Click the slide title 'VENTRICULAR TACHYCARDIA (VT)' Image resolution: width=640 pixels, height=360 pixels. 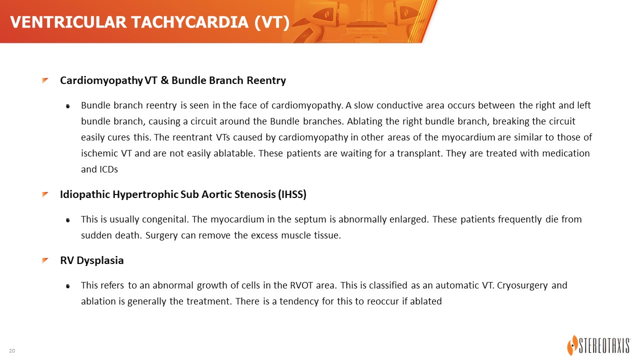click(149, 22)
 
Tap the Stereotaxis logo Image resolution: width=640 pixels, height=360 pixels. click(599, 345)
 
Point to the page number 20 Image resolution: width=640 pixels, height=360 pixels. click(12, 350)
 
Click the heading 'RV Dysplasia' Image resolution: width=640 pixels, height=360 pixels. click(91, 260)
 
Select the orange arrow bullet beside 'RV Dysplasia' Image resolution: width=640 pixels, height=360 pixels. click(45, 260)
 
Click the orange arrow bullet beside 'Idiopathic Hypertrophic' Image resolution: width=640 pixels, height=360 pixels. click(45, 194)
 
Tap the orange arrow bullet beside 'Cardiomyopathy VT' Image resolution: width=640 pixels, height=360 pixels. click(45, 80)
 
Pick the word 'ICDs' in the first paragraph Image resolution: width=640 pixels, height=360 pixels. click(108, 169)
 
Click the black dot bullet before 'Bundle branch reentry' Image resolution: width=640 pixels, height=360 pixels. click(68, 106)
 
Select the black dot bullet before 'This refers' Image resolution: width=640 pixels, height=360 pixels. click(68, 286)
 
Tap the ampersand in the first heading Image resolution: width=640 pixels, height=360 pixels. click(164, 80)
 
